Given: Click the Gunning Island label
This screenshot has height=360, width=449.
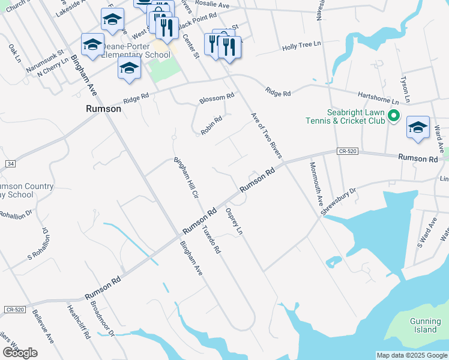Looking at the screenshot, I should pos(425,325).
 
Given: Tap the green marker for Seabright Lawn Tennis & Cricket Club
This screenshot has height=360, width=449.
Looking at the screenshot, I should pos(394,116).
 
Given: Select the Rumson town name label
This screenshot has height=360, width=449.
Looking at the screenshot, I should pos(103,109).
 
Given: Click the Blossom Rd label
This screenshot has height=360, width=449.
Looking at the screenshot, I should pos(217,97).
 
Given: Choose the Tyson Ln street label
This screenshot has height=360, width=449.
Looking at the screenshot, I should pos(406,89).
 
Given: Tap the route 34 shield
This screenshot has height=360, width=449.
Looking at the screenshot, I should pos(10,163).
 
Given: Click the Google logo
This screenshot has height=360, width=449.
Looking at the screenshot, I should pos(20,353).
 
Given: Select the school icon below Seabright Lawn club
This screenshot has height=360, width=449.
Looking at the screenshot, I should pos(418,127).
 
